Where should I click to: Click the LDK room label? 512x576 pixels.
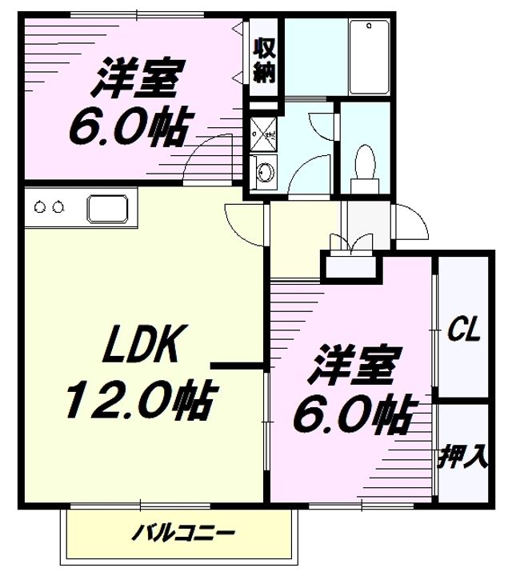pos(140,344)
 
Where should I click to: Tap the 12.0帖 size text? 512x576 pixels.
pos(139,400)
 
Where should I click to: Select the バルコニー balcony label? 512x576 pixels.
pos(183,533)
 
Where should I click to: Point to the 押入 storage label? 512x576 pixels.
pos(462,456)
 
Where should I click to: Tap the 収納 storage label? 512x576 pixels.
pos(265,61)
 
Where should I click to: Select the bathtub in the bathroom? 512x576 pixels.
pos(369,57)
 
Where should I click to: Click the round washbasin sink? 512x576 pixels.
pos(264,171)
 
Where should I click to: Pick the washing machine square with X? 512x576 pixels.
pos(263,134)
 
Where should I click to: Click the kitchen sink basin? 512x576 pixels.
pos(107,209)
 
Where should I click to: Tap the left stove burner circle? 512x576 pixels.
pos(39,207)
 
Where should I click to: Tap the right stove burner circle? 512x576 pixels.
pos(58,207)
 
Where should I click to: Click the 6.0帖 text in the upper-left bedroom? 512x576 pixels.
pos(131,126)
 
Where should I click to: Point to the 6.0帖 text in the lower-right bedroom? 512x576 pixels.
pos(355,414)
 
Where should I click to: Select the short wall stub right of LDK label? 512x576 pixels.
pos(238,365)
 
